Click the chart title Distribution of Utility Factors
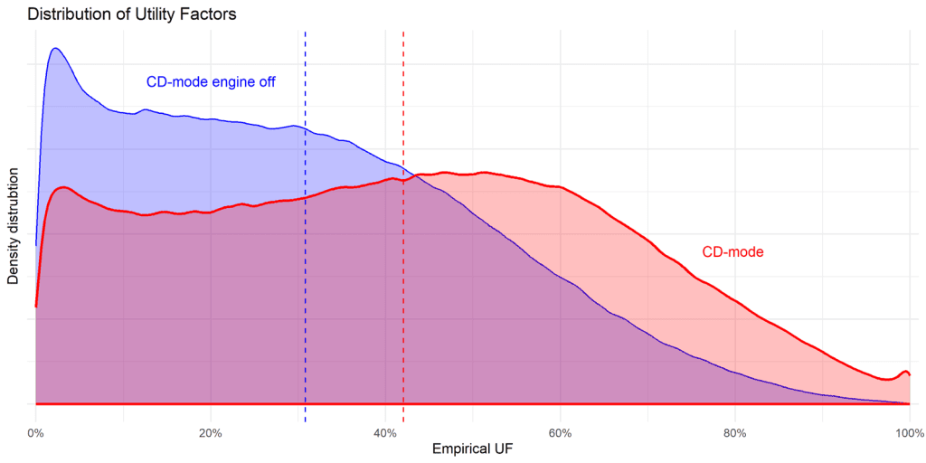point(131,14)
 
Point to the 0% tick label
point(35,431)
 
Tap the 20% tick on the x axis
point(210,431)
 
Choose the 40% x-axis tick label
point(385,431)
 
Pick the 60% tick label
point(560,431)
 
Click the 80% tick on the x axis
point(735,431)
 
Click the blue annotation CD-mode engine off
point(211,82)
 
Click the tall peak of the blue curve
point(54,48)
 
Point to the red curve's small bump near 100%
point(902,372)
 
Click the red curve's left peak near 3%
point(62,187)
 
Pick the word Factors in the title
point(211,14)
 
